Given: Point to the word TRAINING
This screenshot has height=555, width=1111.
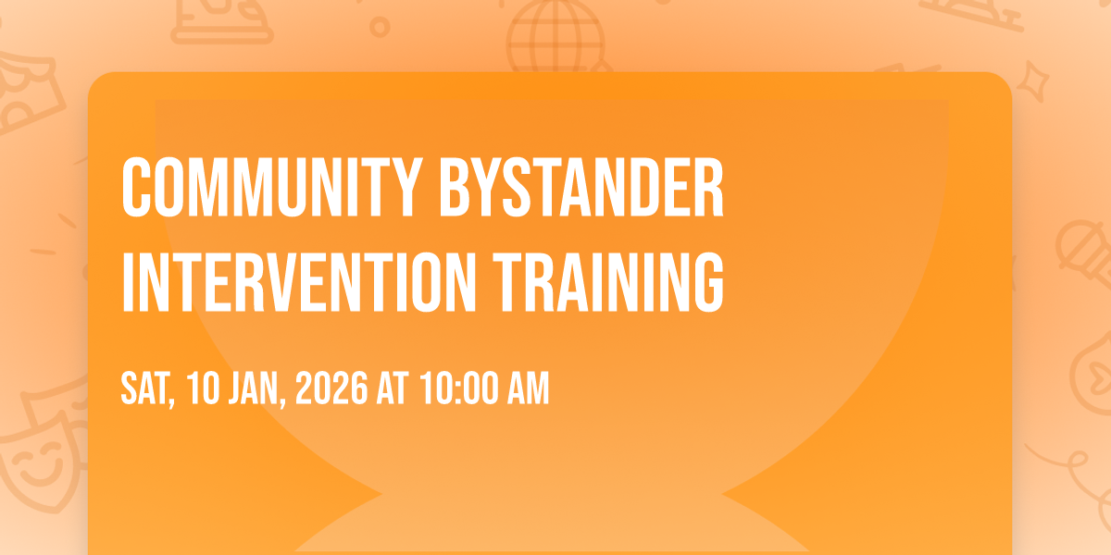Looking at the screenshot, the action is click(608, 282).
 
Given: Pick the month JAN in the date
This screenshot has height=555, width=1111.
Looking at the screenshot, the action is click(256, 389).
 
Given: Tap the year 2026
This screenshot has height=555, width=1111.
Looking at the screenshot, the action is click(331, 388).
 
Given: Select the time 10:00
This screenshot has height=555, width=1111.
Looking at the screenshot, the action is click(459, 388).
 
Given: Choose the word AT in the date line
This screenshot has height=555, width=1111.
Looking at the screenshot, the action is click(393, 388).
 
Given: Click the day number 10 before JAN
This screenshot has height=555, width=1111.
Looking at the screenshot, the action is click(204, 388).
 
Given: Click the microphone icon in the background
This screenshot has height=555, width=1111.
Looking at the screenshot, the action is click(1084, 253).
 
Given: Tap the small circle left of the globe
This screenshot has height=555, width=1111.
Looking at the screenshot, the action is click(380, 27).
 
